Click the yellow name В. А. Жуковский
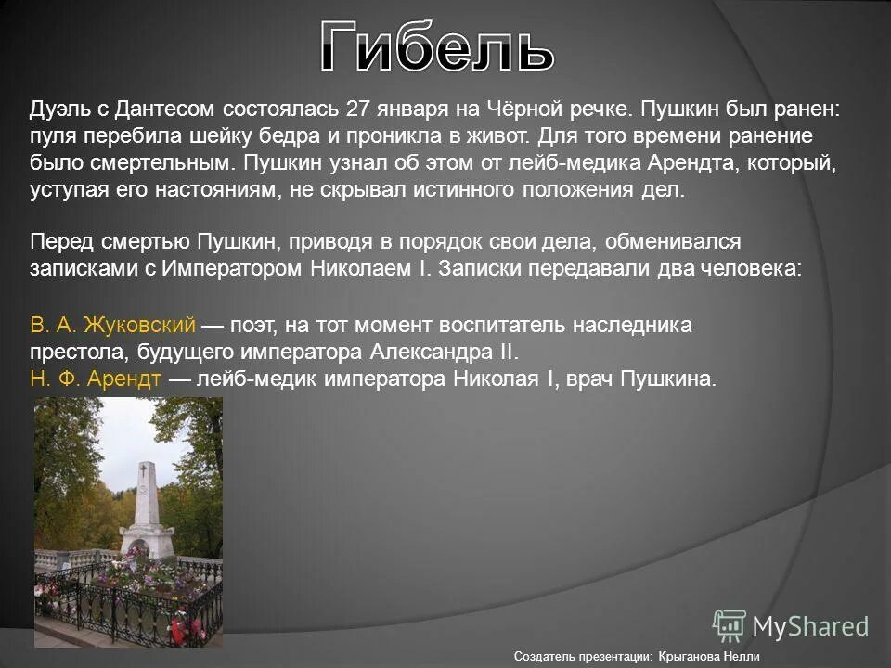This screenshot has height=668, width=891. tap(112, 325)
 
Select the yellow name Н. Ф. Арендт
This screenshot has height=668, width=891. tap(97, 379)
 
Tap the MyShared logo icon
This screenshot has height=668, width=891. tap(730, 625)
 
